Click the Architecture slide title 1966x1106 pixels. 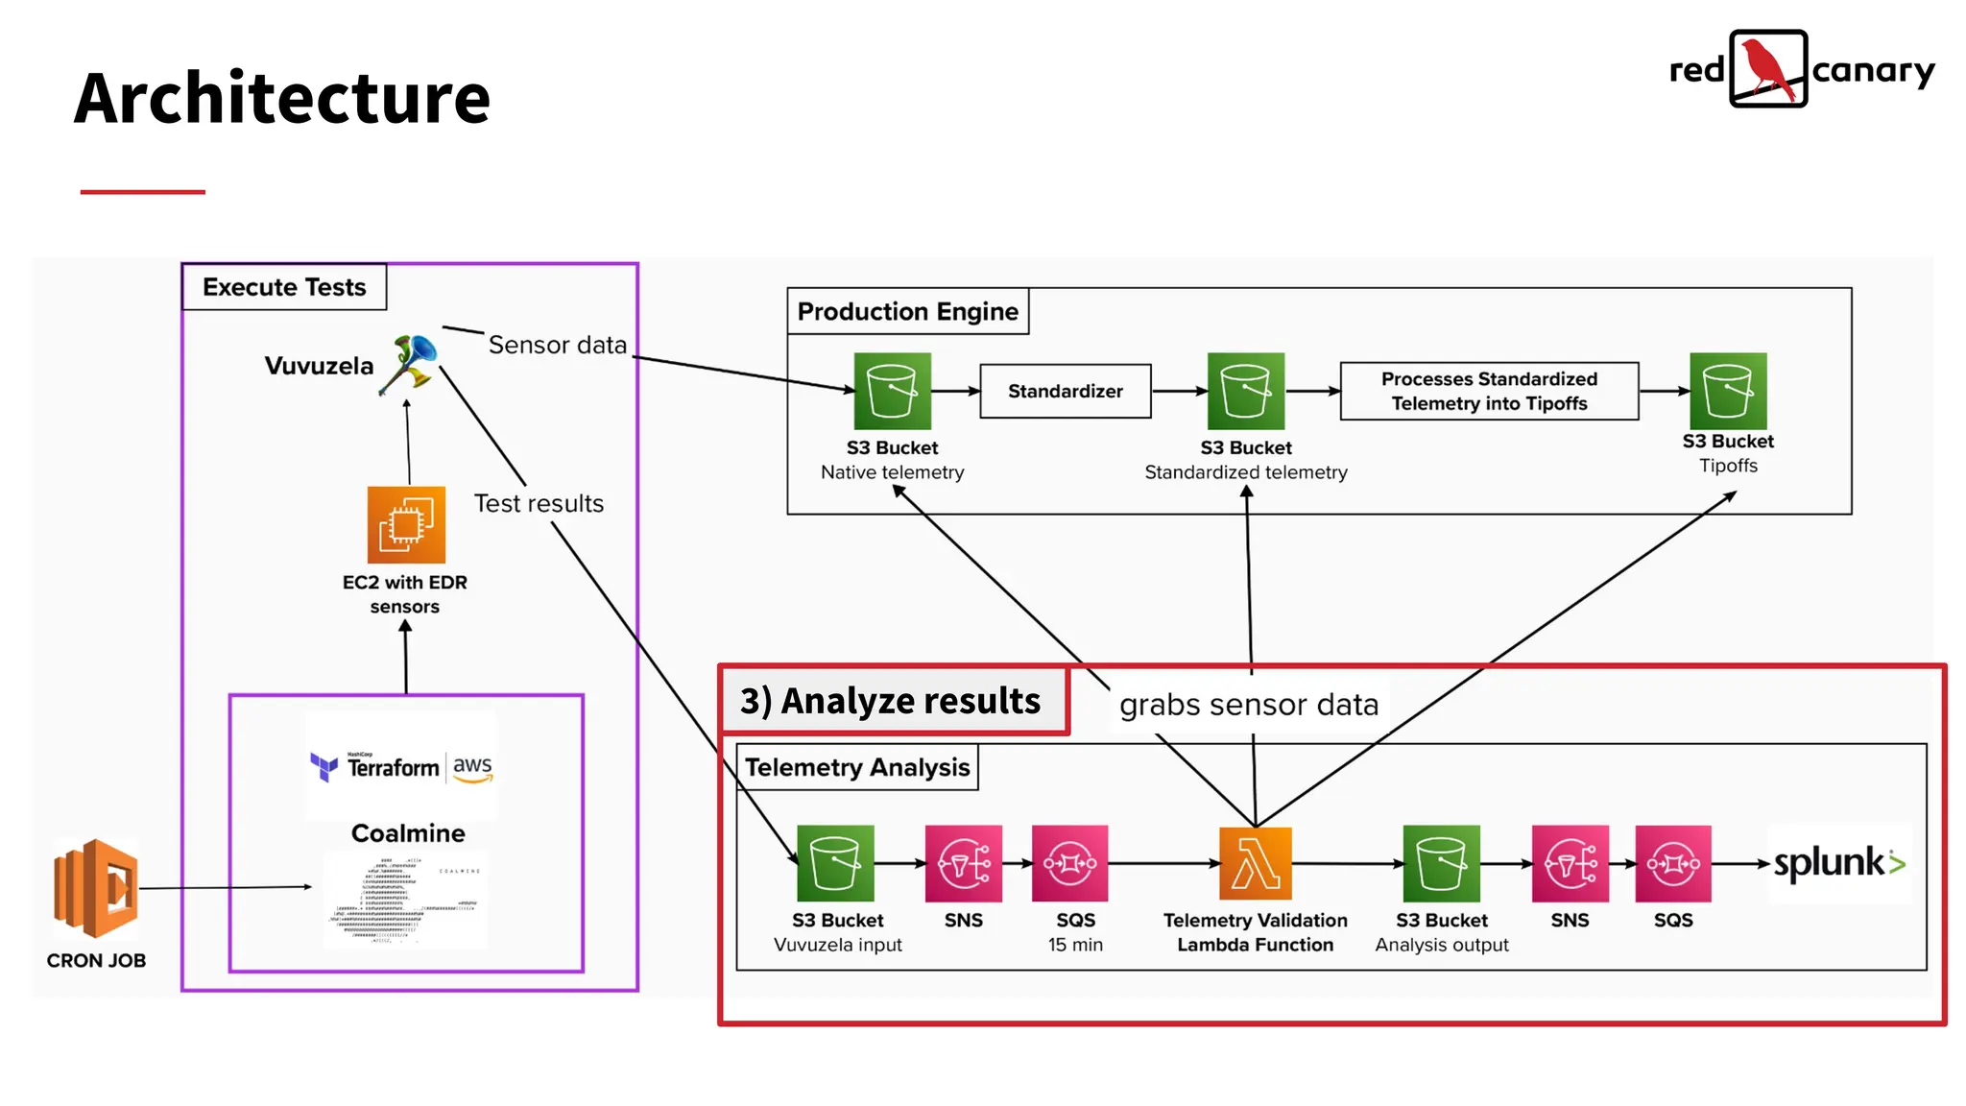click(281, 98)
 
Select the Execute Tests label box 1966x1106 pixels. click(284, 287)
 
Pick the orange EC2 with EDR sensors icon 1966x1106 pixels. click(406, 524)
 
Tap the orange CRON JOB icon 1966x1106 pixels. click(96, 888)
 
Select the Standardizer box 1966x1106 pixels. click(1065, 391)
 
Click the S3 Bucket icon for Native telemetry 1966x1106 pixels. click(892, 391)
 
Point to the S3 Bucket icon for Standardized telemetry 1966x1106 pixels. click(1245, 391)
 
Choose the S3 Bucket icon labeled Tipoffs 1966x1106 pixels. click(1727, 391)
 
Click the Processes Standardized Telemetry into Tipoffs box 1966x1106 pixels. click(1488, 391)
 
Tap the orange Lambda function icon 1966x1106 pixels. click(1255, 863)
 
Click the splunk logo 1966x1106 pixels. click(1838, 863)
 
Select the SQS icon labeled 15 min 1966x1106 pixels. click(1069, 863)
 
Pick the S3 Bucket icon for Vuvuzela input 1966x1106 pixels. click(835, 863)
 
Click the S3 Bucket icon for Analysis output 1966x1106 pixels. click(1441, 863)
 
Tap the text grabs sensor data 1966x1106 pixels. click(1248, 705)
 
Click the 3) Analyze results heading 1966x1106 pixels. click(890, 701)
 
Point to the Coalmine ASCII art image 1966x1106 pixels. click(405, 901)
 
